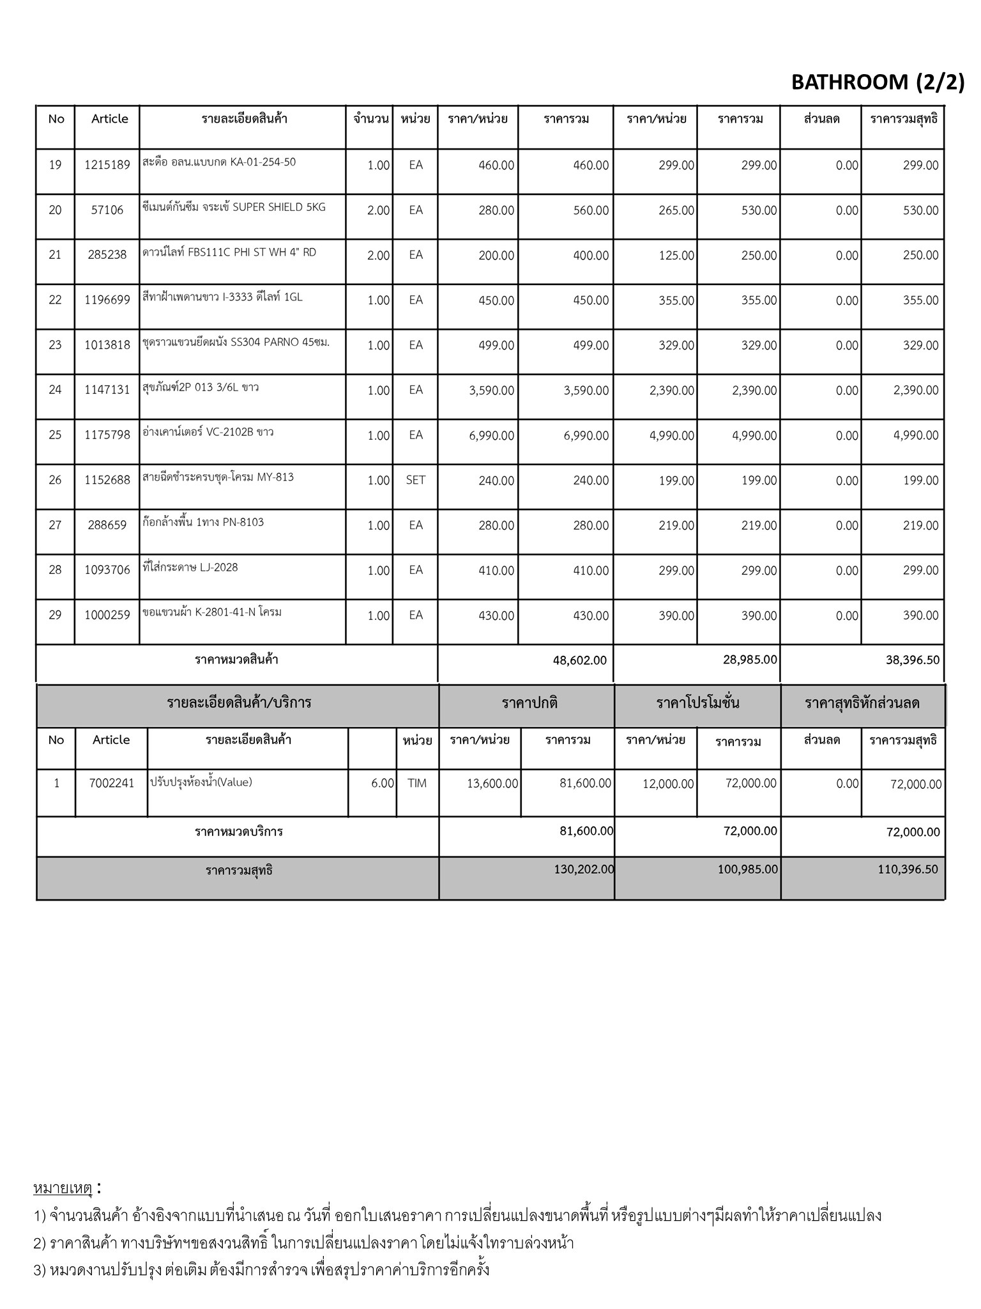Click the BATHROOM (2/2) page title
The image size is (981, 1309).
tap(878, 82)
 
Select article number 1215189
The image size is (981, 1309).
tap(107, 165)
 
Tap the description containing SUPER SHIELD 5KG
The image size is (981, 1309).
tap(234, 207)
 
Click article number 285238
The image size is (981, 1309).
tap(107, 255)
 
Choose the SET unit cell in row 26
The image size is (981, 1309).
tap(415, 480)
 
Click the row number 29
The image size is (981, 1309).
tap(56, 615)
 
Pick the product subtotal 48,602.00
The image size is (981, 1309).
tap(580, 660)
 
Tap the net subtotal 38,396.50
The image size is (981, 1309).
tap(913, 660)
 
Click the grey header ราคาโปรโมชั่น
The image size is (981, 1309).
tap(697, 704)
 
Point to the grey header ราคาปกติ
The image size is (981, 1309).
tap(529, 704)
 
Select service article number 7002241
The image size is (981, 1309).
tap(111, 783)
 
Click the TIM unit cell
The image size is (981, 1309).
tap(417, 783)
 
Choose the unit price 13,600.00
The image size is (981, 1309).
tap(492, 784)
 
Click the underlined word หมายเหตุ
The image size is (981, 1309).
tap(63, 1189)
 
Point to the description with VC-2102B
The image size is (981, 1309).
tap(208, 433)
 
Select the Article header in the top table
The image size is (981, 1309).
tap(109, 119)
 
